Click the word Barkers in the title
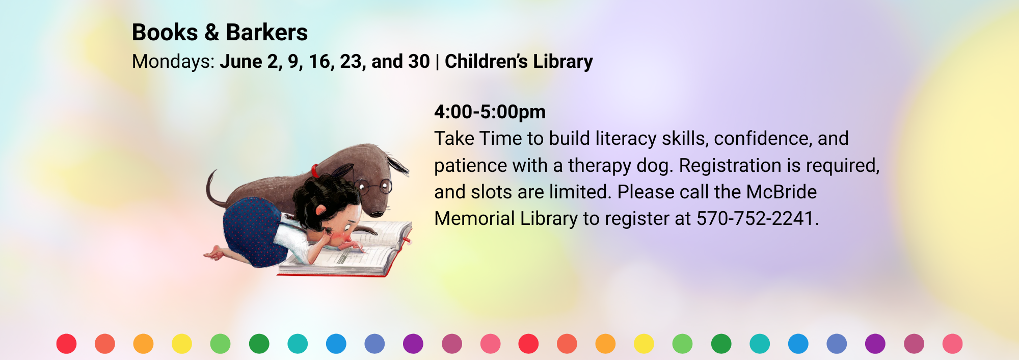click(x=267, y=33)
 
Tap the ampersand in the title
click(x=212, y=33)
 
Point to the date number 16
click(x=319, y=62)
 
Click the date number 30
click(x=419, y=62)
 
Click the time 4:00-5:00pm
click(x=490, y=112)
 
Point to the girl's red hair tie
click(x=315, y=170)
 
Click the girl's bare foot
click(x=216, y=253)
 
